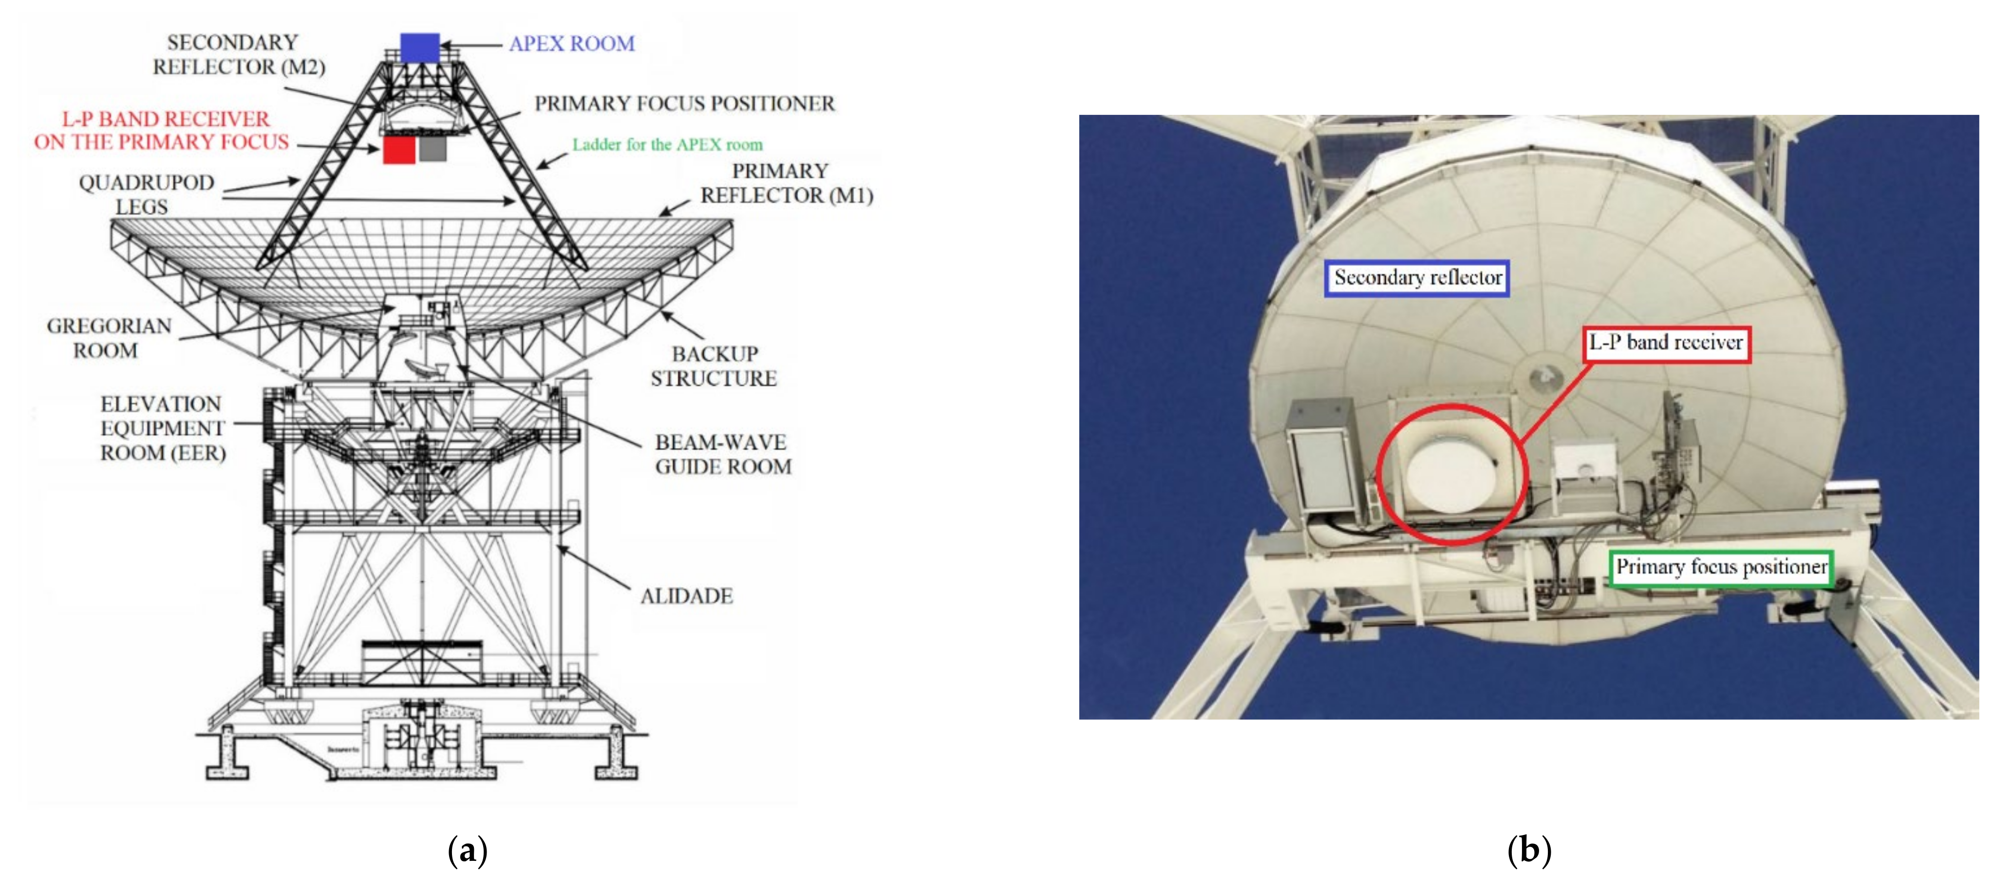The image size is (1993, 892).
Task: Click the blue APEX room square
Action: [420, 47]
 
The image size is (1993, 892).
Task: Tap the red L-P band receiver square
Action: [399, 150]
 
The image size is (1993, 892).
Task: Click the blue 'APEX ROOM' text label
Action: [572, 43]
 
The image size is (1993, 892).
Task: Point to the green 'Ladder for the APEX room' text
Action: [667, 145]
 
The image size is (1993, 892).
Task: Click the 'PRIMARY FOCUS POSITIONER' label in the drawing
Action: [685, 104]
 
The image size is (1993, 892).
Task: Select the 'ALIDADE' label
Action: [686, 595]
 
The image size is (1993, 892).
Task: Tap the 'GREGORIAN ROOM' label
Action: [108, 338]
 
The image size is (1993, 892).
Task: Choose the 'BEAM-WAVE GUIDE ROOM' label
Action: [723, 454]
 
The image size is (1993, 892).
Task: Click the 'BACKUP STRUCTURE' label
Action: [714, 366]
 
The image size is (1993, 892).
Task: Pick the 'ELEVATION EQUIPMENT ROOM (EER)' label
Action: [163, 428]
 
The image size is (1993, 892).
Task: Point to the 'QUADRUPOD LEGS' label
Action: [146, 194]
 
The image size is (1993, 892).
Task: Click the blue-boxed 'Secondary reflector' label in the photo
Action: [1417, 278]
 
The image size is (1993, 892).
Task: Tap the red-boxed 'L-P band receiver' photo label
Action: [1666, 343]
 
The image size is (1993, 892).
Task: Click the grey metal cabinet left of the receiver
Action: [1321, 456]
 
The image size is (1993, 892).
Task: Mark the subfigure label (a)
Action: [467, 850]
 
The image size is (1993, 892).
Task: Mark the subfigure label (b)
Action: [1529, 850]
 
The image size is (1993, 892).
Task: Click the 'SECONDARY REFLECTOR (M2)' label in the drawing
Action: [238, 54]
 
